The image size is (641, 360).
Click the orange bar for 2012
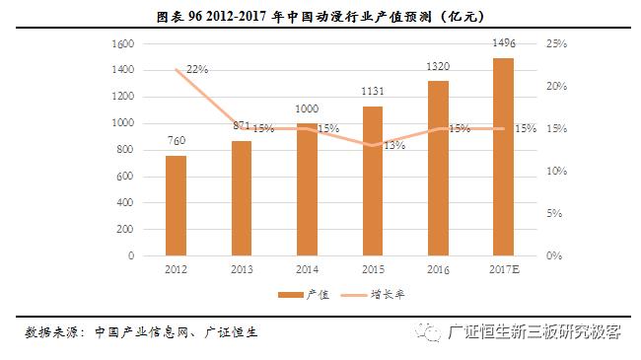pos(176,205)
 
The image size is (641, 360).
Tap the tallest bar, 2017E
pos(503,157)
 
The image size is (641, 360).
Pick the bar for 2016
pos(438,168)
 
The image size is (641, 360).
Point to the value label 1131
pos(372,93)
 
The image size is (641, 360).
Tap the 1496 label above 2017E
pos(503,43)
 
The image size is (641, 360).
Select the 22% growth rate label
pos(197,69)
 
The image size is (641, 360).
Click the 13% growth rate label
pos(394,145)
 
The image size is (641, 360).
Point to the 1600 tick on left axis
pos(123,44)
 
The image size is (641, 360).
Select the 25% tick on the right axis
pos(554,44)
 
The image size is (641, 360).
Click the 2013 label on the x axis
pos(242,268)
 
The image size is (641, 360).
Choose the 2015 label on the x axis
pos(372,268)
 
